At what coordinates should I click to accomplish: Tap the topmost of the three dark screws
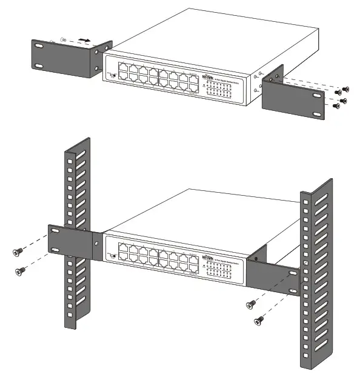[347, 88]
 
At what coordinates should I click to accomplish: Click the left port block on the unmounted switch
[137, 72]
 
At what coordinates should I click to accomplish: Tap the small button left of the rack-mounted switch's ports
[112, 255]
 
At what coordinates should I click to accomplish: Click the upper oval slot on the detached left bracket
[39, 46]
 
